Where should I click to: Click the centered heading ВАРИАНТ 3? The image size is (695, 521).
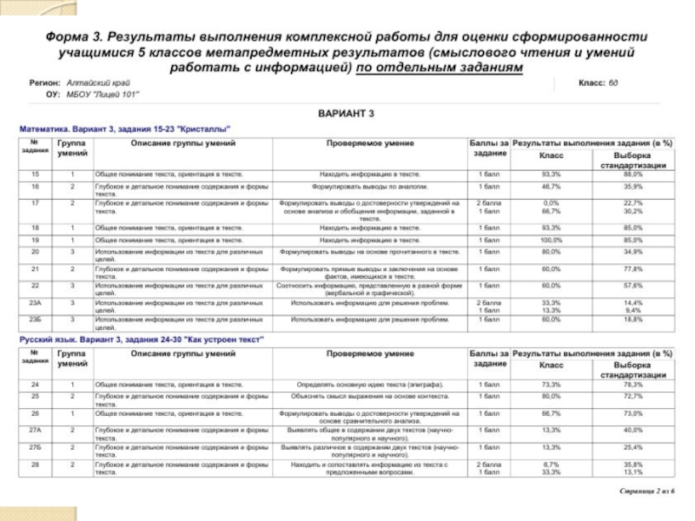coord(346,114)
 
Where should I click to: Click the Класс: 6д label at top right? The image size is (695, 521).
coord(599,82)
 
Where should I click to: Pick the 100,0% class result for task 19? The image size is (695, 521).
coord(552,240)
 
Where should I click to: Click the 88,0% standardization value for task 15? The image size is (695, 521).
coord(632,175)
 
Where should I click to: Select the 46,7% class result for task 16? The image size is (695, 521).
coord(552,186)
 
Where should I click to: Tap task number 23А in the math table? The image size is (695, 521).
coord(36,302)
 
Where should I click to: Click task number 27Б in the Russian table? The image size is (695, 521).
coord(36,446)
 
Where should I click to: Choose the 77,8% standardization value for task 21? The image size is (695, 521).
coord(632,269)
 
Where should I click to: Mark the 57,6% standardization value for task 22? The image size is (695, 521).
coord(632,285)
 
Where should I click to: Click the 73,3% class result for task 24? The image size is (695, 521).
coord(552,384)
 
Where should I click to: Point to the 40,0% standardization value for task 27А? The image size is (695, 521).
coord(632,430)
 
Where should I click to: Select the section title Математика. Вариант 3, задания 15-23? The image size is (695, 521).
coord(126,129)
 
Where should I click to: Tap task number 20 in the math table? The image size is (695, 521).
coord(36,252)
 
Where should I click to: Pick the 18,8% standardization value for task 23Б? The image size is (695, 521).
coord(632,319)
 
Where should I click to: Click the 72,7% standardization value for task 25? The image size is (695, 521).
coord(632,396)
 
